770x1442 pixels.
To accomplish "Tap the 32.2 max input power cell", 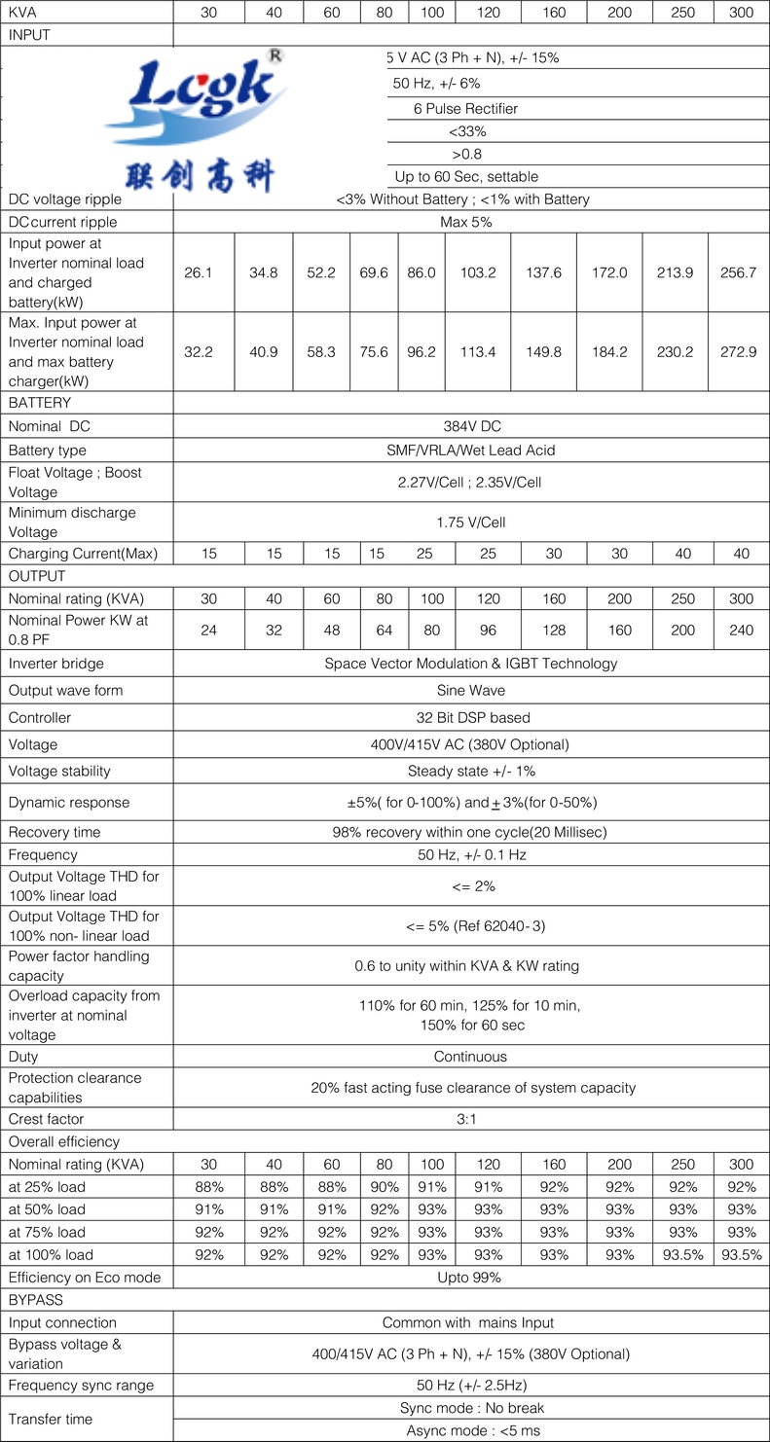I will (198, 351).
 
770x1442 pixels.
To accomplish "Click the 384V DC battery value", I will (470, 426).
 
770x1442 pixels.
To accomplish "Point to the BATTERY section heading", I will (40, 402).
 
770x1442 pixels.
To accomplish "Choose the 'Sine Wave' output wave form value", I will (470, 690).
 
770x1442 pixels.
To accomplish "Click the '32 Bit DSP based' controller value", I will (470, 717).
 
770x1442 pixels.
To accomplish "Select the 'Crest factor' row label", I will (47, 1119).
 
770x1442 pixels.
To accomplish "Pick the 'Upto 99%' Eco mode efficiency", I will (470, 1277).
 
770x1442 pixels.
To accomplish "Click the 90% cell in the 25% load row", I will (385, 1187).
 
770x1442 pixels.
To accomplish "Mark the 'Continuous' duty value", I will (470, 1056).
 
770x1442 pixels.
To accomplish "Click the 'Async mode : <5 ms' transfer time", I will (470, 1430).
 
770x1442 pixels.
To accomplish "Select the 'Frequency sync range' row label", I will (81, 1385).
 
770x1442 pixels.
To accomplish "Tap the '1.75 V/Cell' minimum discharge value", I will (470, 523).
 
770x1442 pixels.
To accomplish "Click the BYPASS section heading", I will (35, 1299).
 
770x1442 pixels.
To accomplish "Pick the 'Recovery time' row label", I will (55, 832).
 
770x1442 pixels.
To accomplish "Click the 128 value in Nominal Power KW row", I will (554, 630).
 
